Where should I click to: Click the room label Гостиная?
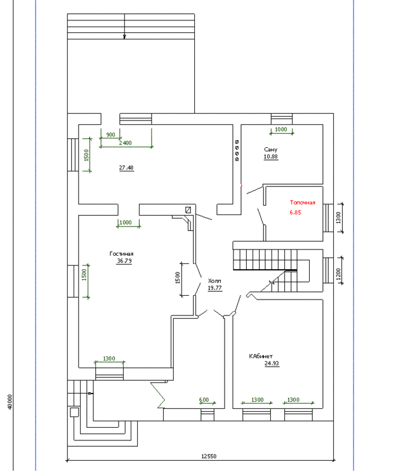coord(121,253)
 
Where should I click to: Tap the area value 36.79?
coord(124,260)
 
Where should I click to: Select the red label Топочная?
coord(302,202)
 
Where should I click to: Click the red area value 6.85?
coord(296,213)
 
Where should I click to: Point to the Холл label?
coord(214,281)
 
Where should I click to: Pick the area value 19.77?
coord(214,288)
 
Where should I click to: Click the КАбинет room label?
coord(261,356)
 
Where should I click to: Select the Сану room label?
coord(271,149)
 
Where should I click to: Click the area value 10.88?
coord(271,156)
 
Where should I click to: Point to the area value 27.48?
coord(126,168)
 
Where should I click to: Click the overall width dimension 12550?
coord(210,456)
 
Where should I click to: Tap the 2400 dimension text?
coord(125,143)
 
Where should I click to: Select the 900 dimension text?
coord(110,135)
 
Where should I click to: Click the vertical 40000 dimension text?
coord(11,401)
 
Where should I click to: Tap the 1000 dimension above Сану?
coord(280,129)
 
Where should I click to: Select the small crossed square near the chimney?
coord(188,209)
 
